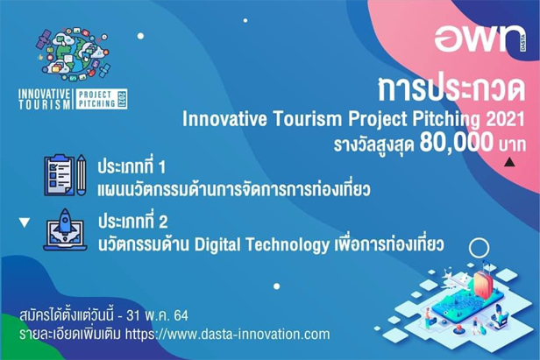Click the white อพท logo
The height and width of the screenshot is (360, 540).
point(477,39)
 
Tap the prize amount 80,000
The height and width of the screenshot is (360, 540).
point(457,143)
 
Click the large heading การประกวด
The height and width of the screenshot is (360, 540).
point(451,89)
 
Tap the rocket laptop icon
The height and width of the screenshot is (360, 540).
point(65,229)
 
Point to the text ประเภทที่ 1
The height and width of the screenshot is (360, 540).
point(131,167)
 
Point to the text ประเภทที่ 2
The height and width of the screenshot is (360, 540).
point(133,222)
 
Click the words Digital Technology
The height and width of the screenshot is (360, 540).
point(262,245)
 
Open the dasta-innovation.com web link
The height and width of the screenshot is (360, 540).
point(227,335)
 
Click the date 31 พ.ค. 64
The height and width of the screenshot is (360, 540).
point(158,315)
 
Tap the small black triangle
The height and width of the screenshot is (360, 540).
point(509,162)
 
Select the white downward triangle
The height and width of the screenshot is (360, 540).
point(25,222)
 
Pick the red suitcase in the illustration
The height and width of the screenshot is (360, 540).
point(483,285)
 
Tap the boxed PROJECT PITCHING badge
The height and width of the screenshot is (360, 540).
point(102,99)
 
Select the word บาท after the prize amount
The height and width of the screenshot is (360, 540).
point(512,145)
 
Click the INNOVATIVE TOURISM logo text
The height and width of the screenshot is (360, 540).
point(45,99)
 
